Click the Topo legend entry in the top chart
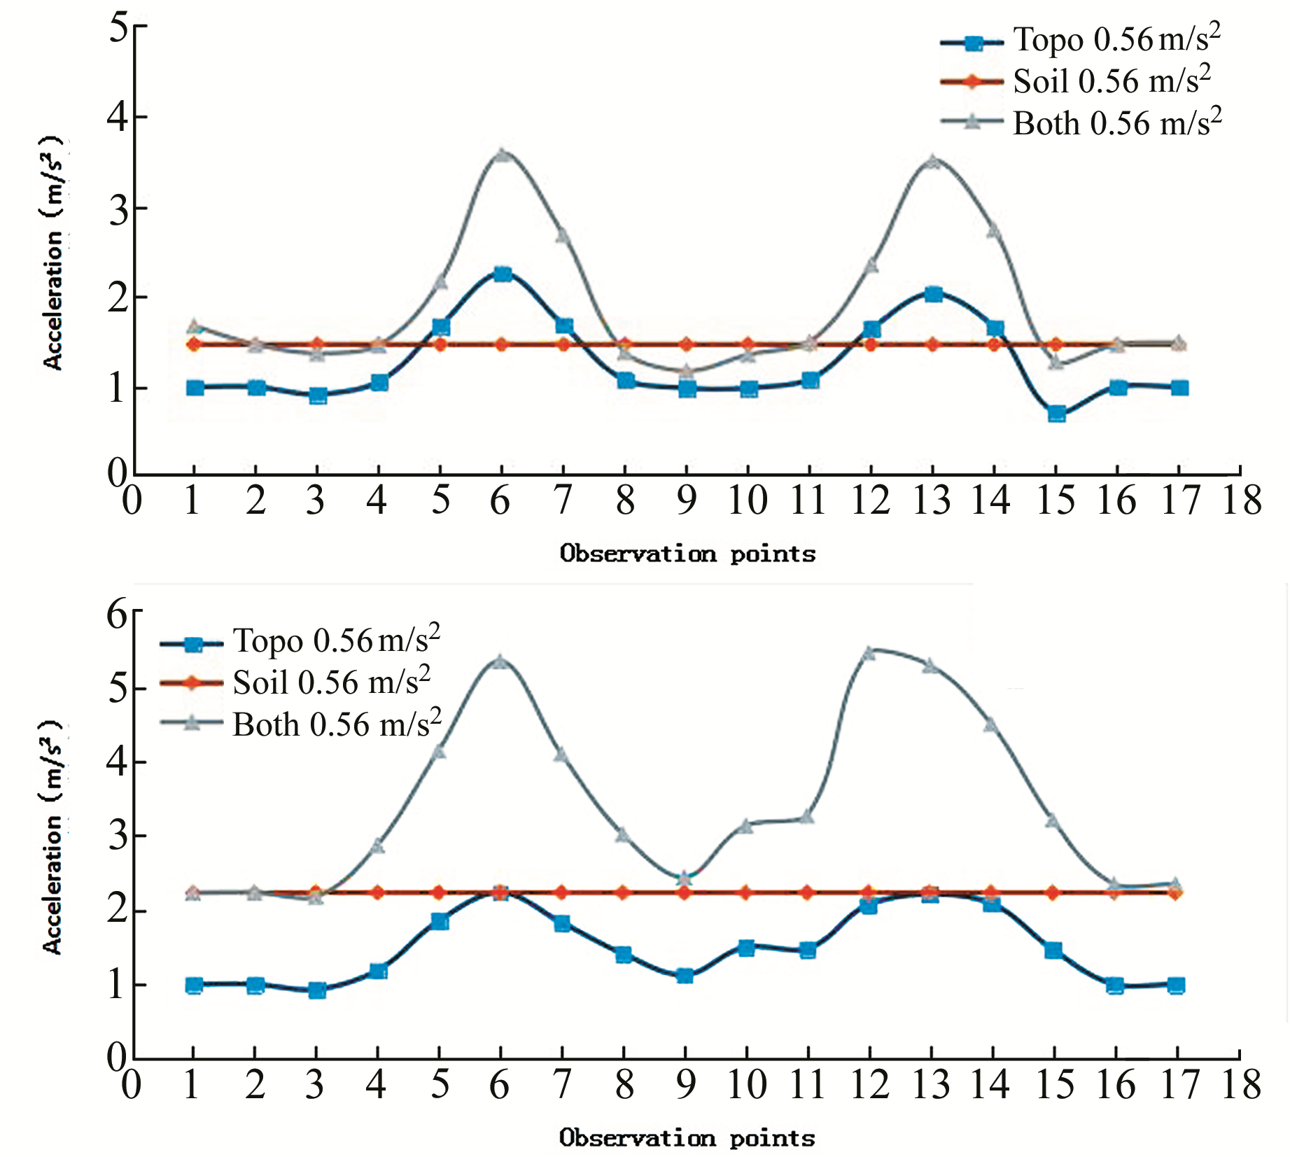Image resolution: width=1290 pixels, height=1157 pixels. (x=1081, y=41)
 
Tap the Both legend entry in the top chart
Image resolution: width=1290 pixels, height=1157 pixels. (x=1081, y=124)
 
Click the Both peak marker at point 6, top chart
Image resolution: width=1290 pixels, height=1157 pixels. (x=502, y=154)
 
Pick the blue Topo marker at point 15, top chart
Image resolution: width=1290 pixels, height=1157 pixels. (x=1057, y=414)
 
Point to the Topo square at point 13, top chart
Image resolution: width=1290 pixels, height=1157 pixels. (x=933, y=294)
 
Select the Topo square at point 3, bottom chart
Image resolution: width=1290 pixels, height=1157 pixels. (x=317, y=990)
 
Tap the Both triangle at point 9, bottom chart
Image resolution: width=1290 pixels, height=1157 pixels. (x=685, y=877)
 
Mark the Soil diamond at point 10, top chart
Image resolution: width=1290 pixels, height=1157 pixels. (x=748, y=344)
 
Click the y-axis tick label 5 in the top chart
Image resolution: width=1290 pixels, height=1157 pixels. (x=119, y=29)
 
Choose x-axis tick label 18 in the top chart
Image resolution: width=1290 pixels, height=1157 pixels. (x=1242, y=500)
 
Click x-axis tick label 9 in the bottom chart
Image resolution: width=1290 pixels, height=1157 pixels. (x=686, y=1084)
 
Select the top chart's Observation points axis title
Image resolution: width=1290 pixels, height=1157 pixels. (x=687, y=554)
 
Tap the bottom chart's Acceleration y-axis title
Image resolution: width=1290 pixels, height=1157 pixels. (x=53, y=836)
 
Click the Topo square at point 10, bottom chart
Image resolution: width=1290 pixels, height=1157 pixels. (x=747, y=948)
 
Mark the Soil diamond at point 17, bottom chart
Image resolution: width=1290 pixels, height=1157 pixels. (x=1176, y=892)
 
